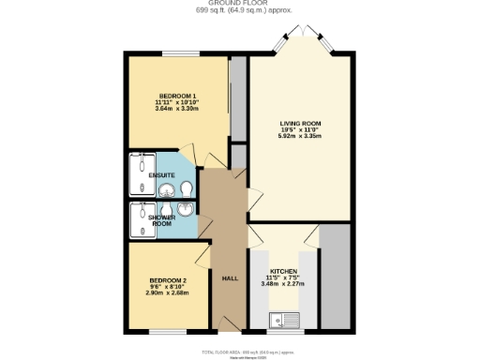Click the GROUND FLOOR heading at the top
[x=240, y=4]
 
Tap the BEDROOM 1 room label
[x=177, y=97]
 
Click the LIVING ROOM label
[x=300, y=123]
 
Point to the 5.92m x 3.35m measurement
[x=300, y=136]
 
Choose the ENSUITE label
[x=160, y=175]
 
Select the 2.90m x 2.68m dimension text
[x=169, y=293]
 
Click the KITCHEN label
[x=284, y=269]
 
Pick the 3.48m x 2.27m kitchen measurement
[x=284, y=283]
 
